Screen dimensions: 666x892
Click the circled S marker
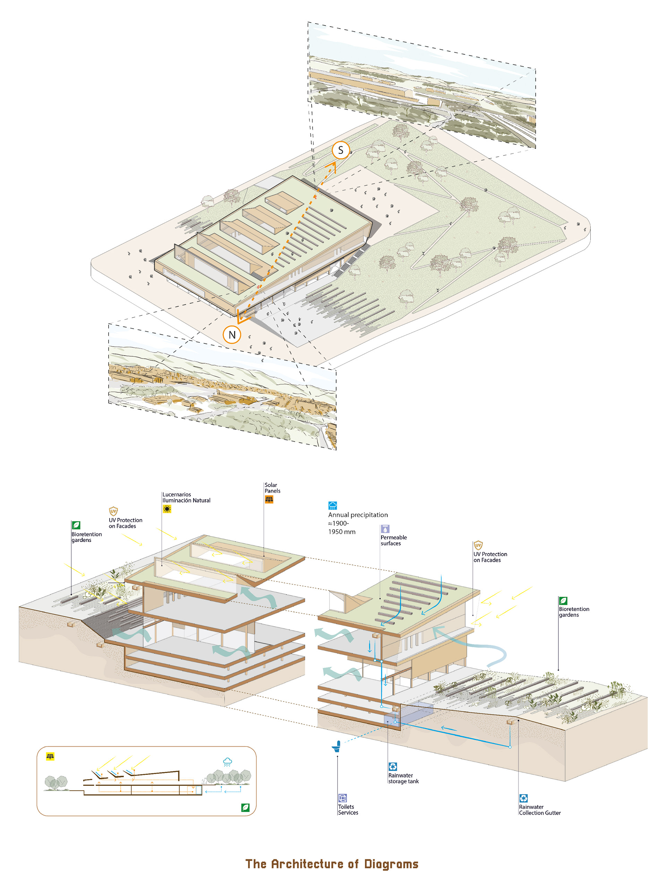tap(341, 151)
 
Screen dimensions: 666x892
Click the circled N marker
tap(232, 335)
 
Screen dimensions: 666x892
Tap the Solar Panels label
tap(272, 488)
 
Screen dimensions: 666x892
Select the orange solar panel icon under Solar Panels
tap(269, 500)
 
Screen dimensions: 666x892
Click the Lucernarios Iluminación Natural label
tap(186, 497)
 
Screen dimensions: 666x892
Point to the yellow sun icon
tap(167, 509)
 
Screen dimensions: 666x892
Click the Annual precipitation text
tap(358, 515)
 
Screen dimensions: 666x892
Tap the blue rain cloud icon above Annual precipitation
tap(333, 505)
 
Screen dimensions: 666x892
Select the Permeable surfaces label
tap(393, 540)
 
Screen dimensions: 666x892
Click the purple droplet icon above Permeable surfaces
tap(385, 529)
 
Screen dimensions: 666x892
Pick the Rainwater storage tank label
tap(403, 778)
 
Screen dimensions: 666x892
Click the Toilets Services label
tap(348, 810)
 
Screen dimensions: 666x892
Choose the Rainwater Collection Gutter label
tap(539, 810)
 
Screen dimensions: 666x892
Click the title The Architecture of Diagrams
tap(332, 864)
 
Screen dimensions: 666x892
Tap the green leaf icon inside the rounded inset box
tap(245, 807)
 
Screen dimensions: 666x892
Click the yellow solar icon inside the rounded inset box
tap(50, 756)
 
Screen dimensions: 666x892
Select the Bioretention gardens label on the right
tap(574, 612)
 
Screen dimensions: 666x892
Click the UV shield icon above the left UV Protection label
tap(113, 511)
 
